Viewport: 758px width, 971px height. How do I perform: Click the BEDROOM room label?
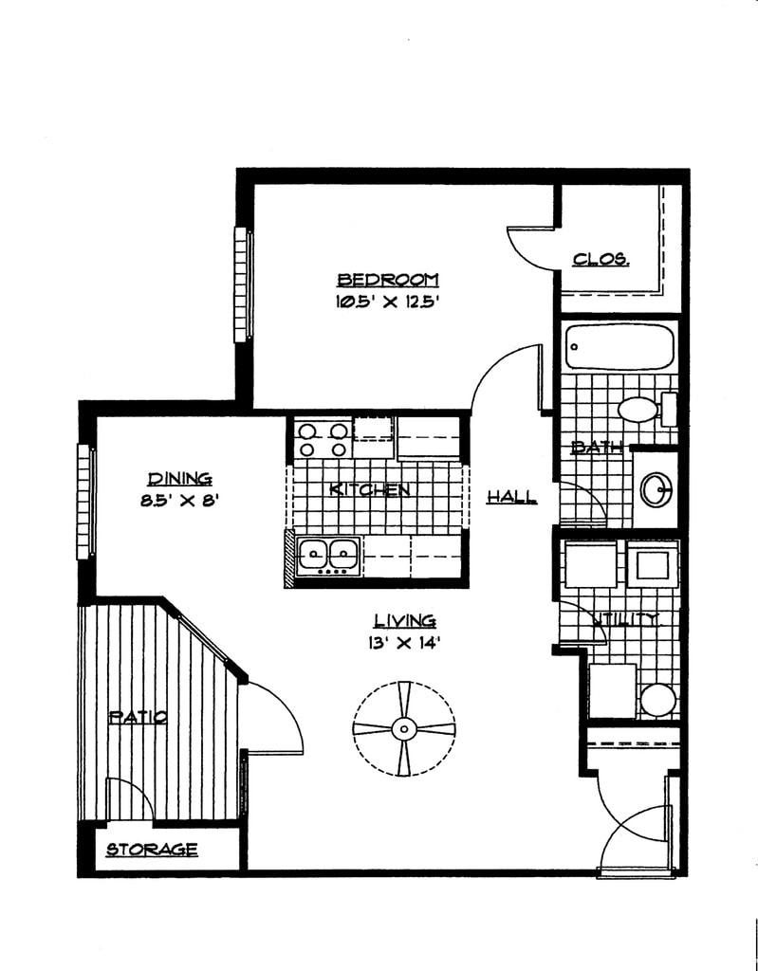388,280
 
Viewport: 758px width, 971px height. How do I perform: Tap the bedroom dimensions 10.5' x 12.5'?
388,302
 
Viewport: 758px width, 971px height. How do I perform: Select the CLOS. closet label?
601,259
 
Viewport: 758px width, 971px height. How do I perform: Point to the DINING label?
179,480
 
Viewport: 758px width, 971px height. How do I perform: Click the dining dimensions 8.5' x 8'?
179,502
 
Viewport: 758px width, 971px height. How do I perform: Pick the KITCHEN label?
370,490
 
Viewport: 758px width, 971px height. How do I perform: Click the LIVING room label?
404,621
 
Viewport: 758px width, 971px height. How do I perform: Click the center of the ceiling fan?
404,728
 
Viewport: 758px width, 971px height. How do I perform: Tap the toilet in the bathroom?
639,410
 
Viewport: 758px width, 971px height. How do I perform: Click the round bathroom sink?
656,490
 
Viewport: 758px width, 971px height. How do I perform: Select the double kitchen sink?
328,554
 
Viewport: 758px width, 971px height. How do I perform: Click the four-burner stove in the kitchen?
323,439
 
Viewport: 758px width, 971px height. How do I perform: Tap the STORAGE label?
152,850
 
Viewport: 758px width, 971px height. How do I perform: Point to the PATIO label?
139,717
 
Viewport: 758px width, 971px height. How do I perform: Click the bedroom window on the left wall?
243,284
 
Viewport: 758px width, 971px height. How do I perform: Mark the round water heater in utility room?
657,701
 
